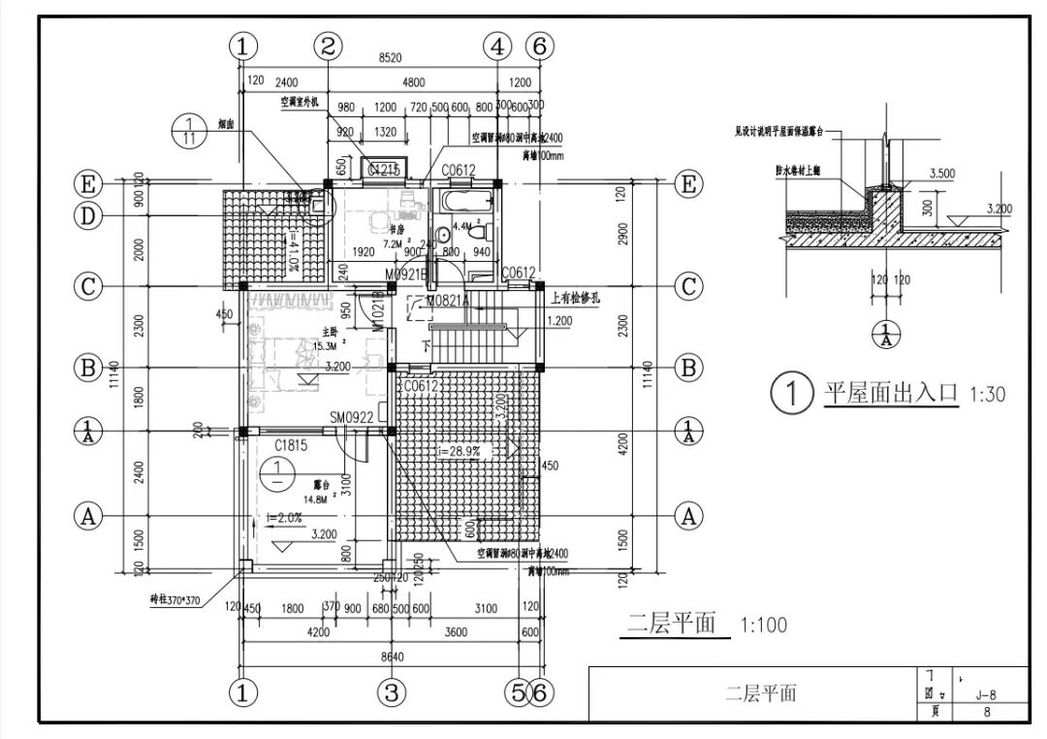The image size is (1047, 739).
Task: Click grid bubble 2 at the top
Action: [329, 45]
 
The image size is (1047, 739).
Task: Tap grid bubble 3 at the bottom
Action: [391, 692]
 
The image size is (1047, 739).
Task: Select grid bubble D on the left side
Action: [89, 216]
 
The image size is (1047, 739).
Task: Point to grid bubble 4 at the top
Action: [497, 45]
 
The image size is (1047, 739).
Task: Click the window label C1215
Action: [385, 171]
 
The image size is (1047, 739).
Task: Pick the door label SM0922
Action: [351, 417]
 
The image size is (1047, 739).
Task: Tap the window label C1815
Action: [291, 445]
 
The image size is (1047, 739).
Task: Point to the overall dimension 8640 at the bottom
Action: [391, 657]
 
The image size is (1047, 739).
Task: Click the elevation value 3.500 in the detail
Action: [943, 174]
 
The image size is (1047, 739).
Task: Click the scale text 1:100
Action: [763, 625]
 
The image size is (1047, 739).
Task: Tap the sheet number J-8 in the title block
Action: [986, 693]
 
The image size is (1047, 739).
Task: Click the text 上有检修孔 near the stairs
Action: [575, 299]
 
